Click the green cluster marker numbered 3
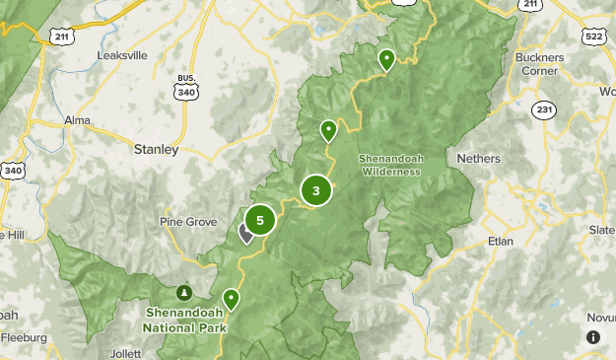pos(315,191)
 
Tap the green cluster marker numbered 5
pos(259,220)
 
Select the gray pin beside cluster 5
pos(245,232)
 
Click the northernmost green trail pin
pos(387,60)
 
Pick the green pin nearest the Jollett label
pos(231,298)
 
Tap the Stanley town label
pos(156,150)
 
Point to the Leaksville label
pos(121,56)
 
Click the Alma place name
pos(77,119)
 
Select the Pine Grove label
pos(187,222)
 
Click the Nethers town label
pos(479,158)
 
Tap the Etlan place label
pos(501,241)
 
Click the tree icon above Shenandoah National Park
pos(184,293)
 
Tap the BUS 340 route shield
pos(184,87)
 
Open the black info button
pos(593,337)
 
